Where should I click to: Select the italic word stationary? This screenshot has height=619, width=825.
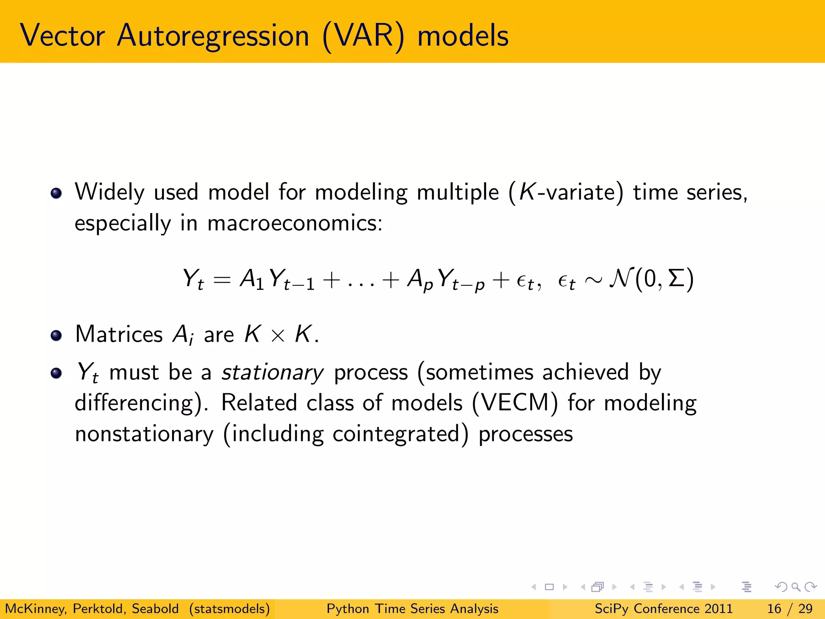click(x=272, y=372)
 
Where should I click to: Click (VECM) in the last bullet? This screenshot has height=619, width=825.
click(x=515, y=403)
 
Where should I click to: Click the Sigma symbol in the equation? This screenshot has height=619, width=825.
click(x=676, y=278)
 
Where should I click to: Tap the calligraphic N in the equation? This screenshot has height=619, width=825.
click(x=622, y=278)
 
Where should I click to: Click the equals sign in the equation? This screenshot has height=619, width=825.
click(x=222, y=279)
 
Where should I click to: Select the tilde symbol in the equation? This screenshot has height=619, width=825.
click(x=593, y=279)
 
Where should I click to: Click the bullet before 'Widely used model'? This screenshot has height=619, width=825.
click(x=56, y=193)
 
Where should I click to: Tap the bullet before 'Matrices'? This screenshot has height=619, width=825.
click(x=56, y=335)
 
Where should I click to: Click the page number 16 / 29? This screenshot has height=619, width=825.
click(x=790, y=609)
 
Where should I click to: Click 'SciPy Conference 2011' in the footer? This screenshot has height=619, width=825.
click(x=663, y=609)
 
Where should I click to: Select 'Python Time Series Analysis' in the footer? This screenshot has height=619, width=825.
click(x=412, y=609)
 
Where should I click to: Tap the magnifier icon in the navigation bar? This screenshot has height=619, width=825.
click(x=796, y=587)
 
